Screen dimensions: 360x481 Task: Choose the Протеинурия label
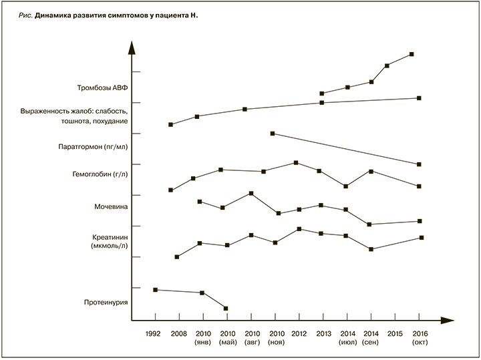[x=105, y=302]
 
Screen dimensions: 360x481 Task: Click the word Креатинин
[x=110, y=238]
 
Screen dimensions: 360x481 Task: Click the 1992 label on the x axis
[x=153, y=333]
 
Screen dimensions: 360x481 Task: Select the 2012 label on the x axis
[x=299, y=333]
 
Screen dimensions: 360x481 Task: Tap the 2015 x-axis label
[x=395, y=333]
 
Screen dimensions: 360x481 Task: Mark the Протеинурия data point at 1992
[x=156, y=290]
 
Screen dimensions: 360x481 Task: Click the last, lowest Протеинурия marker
[x=226, y=309]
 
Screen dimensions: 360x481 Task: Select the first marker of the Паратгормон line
[x=273, y=134]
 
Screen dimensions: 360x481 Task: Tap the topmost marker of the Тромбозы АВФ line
[x=411, y=54]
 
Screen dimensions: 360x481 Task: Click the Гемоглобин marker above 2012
[x=296, y=163]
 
